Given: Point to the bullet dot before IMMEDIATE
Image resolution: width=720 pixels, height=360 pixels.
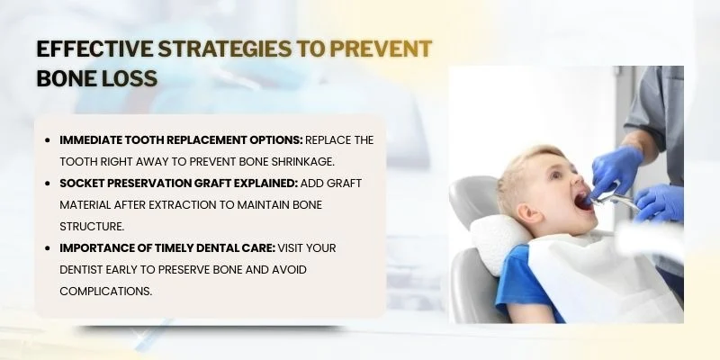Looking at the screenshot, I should [x=47, y=140].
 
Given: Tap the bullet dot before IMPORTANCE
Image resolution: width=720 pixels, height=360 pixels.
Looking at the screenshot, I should [x=47, y=248].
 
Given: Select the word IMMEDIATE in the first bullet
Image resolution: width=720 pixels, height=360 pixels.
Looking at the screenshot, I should [x=94, y=140].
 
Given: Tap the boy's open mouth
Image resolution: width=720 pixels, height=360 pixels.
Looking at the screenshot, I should [x=586, y=200].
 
